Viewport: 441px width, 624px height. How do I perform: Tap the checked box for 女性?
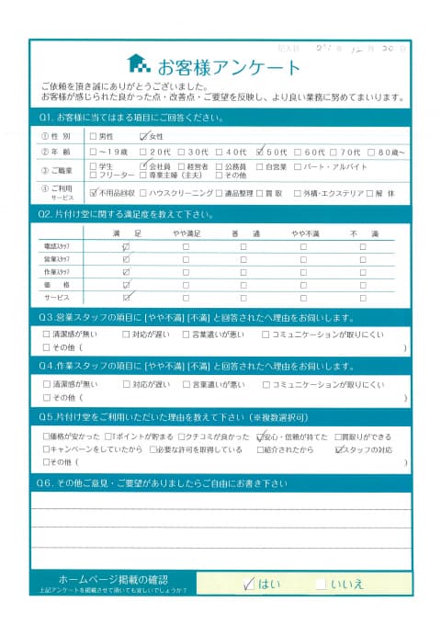[143, 135]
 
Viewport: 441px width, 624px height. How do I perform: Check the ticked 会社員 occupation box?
[143, 166]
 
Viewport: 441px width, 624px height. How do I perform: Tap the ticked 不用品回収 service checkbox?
[96, 194]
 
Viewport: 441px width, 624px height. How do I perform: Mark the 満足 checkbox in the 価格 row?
[126, 286]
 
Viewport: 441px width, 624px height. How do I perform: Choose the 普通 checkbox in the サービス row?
[243, 299]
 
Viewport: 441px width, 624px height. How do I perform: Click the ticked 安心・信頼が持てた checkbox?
[263, 437]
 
